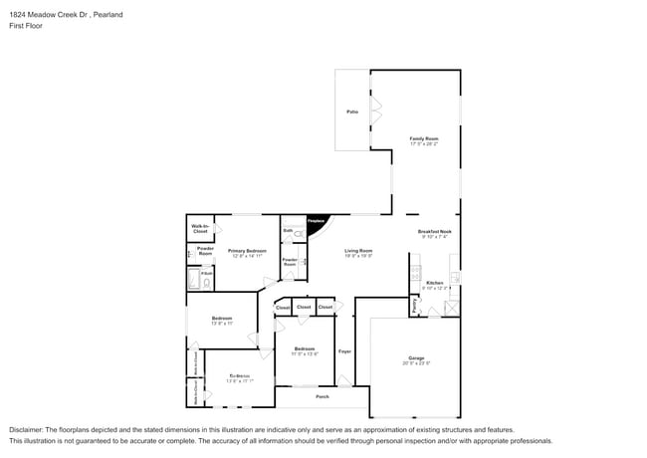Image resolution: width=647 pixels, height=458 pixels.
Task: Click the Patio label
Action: click(x=352, y=111)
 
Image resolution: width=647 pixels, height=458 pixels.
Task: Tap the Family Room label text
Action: click(x=423, y=138)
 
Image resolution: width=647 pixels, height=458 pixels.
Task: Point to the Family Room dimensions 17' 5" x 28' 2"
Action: click(x=423, y=144)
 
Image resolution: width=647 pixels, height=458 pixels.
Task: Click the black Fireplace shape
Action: click(x=317, y=226)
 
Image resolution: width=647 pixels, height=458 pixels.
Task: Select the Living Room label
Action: click(x=358, y=250)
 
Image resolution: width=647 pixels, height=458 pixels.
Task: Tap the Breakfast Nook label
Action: click(x=434, y=231)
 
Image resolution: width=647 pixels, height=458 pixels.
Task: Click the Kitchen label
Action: click(x=434, y=283)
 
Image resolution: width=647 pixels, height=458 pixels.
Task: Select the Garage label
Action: click(x=416, y=357)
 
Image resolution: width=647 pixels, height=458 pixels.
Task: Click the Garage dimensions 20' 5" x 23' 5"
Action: click(x=416, y=363)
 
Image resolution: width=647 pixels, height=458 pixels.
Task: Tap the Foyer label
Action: click(x=344, y=351)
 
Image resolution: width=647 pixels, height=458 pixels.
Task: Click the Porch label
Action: click(x=323, y=396)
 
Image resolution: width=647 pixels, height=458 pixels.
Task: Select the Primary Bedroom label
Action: click(x=247, y=250)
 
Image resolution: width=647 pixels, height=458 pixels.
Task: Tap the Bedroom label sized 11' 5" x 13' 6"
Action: click(x=305, y=348)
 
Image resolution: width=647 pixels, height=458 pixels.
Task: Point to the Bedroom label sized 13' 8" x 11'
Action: click(x=221, y=318)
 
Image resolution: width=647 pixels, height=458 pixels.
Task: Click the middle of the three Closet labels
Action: click(x=304, y=307)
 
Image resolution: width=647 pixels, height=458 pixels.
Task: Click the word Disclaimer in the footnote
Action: click(x=27, y=429)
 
